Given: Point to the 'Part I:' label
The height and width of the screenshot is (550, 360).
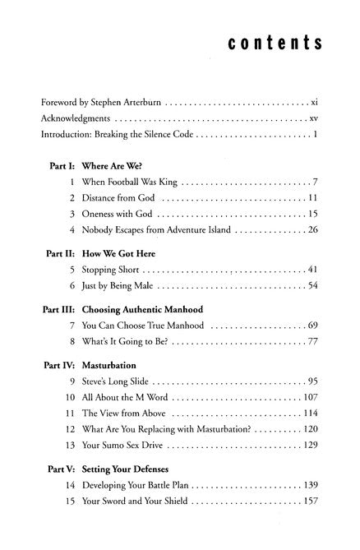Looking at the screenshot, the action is click(x=60, y=164).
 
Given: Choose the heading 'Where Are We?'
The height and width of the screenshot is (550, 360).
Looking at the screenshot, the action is click(x=111, y=164).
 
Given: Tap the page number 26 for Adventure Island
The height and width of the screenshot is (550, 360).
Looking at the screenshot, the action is click(x=312, y=229).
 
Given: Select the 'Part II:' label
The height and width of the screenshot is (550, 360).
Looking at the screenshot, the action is click(x=57, y=253).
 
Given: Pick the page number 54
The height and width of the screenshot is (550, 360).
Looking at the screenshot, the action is click(x=312, y=285).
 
